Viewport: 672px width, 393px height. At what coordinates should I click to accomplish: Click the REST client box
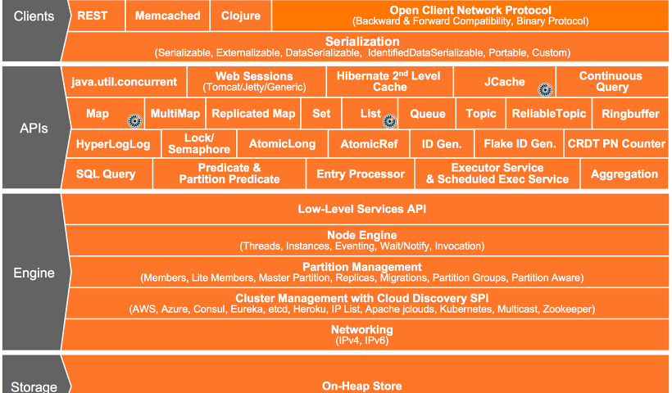pyautogui.click(x=97, y=16)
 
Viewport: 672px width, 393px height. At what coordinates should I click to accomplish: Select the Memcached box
pyautogui.click(x=167, y=16)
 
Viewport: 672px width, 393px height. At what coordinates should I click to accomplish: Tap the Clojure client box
pyautogui.click(x=241, y=16)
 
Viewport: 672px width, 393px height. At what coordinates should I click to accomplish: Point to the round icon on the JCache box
pyautogui.click(x=545, y=89)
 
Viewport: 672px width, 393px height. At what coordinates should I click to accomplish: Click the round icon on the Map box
pyautogui.click(x=135, y=120)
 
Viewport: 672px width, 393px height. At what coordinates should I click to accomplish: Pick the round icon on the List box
pyautogui.click(x=389, y=121)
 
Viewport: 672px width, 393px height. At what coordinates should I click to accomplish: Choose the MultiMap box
pyautogui.click(x=175, y=114)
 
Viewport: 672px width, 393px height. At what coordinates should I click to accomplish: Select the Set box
pyautogui.click(x=321, y=114)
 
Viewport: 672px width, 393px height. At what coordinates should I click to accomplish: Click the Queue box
pyautogui.click(x=427, y=114)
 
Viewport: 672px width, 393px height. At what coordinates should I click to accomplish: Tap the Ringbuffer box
pyautogui.click(x=630, y=114)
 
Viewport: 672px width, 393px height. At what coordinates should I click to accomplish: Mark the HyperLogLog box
pyautogui.click(x=113, y=144)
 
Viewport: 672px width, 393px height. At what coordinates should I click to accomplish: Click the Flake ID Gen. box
pyautogui.click(x=520, y=144)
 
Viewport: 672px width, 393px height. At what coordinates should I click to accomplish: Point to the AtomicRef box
pyautogui.click(x=369, y=144)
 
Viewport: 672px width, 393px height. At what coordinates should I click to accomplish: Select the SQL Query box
pyautogui.click(x=106, y=174)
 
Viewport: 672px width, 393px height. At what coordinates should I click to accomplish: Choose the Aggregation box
pyautogui.click(x=624, y=174)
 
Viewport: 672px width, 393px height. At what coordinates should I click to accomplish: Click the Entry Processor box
pyautogui.click(x=361, y=174)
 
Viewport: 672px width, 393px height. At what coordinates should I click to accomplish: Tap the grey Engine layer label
pyautogui.click(x=34, y=273)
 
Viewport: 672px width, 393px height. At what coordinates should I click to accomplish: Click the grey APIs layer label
pyautogui.click(x=34, y=128)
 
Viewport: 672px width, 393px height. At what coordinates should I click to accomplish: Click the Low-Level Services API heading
pyautogui.click(x=362, y=209)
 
